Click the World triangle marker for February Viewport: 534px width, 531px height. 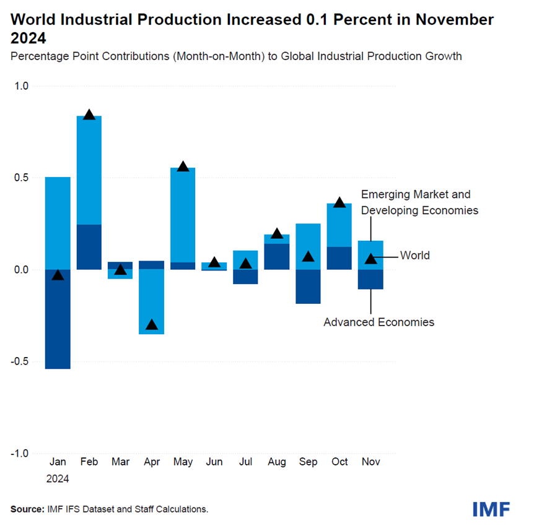point(89,114)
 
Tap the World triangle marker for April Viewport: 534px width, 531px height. point(152,324)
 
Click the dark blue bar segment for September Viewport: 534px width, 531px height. point(308,287)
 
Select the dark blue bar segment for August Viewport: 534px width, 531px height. point(277,256)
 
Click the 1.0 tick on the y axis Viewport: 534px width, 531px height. point(21,86)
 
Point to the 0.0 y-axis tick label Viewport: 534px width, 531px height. point(21,270)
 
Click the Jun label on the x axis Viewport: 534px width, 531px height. point(214,462)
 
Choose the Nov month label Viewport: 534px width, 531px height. point(370,462)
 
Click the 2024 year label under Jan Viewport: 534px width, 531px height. point(58,478)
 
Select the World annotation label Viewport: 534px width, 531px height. point(414,255)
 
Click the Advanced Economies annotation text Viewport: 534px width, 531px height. point(379,322)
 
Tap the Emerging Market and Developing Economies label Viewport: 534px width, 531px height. point(419,202)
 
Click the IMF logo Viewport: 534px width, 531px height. point(491,509)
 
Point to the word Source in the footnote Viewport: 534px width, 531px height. point(27,509)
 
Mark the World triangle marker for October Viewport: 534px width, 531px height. point(339,202)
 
